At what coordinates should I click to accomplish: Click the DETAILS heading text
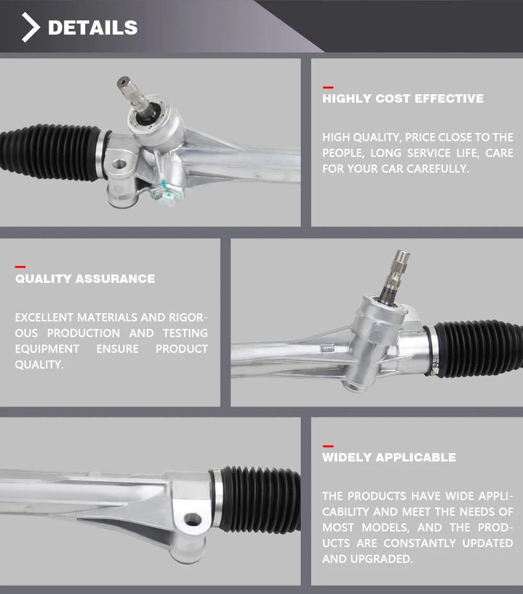click(93, 28)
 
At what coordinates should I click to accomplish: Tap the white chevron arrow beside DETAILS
click(31, 28)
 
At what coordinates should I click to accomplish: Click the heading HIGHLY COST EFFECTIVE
click(403, 98)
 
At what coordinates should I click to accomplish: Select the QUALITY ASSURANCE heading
click(85, 279)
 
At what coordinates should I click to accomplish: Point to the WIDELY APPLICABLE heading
click(389, 457)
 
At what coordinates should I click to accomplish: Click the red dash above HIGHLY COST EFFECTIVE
click(328, 87)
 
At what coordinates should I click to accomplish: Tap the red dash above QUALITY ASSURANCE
click(20, 267)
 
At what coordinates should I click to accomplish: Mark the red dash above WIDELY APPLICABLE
click(328, 446)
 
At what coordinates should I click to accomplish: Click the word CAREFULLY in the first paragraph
click(437, 169)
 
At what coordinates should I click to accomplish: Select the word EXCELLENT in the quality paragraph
click(44, 317)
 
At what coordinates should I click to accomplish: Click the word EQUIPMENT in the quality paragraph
click(47, 349)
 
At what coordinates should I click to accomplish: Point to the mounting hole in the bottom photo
click(193, 520)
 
